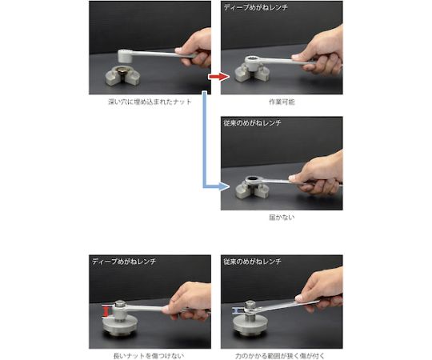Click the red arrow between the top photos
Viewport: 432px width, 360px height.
[x=218, y=77]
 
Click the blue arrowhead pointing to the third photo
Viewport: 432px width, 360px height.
[x=224, y=186]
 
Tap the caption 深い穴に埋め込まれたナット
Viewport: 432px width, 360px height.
[x=150, y=102]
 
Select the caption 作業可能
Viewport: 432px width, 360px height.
[x=282, y=102]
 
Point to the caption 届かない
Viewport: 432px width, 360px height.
[x=282, y=218]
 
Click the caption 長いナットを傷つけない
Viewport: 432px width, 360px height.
[x=149, y=356]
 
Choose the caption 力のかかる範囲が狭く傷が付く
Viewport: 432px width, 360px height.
[x=280, y=356]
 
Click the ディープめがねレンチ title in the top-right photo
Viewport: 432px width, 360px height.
[x=255, y=7]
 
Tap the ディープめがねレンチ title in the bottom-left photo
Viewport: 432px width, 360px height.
[x=124, y=261]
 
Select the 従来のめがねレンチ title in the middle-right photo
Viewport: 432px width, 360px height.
[x=252, y=122]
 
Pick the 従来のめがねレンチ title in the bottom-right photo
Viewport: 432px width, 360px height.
[x=252, y=261]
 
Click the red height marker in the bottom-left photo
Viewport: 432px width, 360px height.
[x=106, y=311]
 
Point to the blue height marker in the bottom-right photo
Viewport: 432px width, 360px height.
[x=236, y=311]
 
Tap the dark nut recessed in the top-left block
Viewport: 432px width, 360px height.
[x=122, y=70]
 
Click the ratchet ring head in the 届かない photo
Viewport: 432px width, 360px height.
[x=254, y=181]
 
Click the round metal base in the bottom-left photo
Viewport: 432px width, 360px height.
[x=120, y=327]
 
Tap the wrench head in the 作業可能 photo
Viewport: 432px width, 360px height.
[x=254, y=62]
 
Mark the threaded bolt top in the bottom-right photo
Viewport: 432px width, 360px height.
[x=250, y=305]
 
